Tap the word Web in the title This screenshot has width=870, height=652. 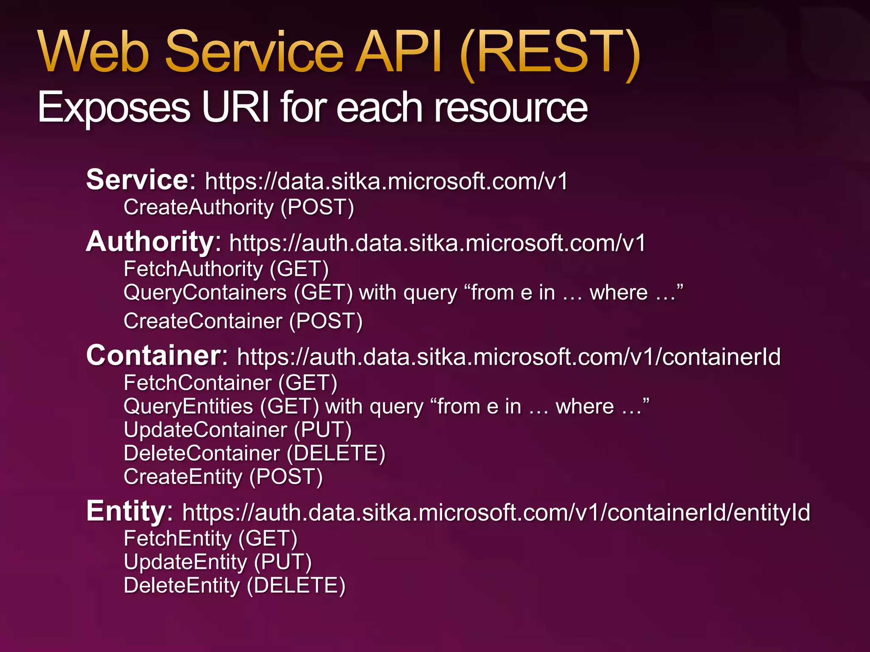click(93, 52)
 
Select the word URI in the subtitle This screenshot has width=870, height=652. click(235, 107)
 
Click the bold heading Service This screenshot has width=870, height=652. click(137, 180)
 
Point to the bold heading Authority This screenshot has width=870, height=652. click(150, 242)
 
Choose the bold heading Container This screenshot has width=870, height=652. click(154, 355)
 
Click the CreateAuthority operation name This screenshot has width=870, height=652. click(198, 208)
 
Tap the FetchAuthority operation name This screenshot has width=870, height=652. click(193, 269)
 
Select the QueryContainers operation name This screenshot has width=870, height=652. click(205, 293)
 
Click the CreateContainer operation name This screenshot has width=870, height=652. click(203, 321)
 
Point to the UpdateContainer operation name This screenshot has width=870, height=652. click(206, 430)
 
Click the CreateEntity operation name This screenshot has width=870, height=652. click(183, 477)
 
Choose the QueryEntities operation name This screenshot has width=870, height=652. click(188, 407)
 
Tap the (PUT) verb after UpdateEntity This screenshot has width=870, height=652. click(283, 562)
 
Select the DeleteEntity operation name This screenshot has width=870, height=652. click(182, 586)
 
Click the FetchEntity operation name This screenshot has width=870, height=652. click(178, 539)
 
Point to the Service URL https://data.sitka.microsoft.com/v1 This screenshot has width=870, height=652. click(386, 181)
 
